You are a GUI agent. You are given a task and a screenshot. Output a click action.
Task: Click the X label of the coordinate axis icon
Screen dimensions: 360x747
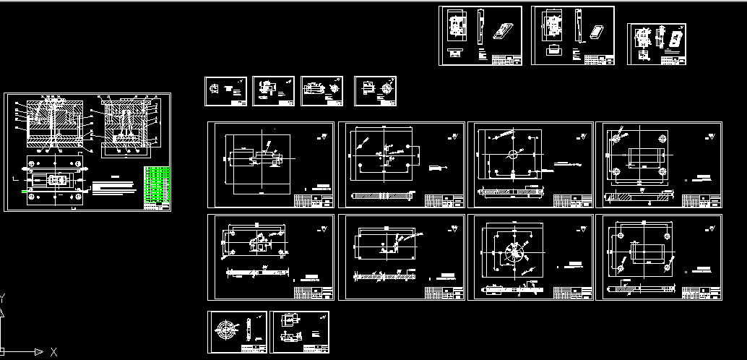53,352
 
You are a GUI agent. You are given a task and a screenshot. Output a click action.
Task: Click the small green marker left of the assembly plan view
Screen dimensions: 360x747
24,191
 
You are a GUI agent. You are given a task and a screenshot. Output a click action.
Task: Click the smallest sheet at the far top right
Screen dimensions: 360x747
656,44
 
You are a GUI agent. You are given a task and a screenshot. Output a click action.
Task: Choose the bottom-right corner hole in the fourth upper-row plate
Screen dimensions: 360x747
662,172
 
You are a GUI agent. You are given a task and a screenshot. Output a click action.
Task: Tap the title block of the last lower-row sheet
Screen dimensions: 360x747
701,292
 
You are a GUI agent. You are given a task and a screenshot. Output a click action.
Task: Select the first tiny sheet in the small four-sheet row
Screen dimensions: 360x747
225,91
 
